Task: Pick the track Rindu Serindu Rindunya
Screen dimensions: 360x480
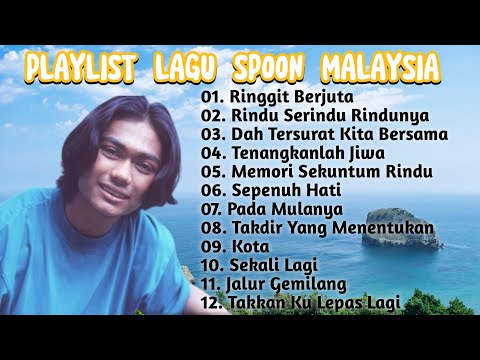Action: pyautogui.click(x=315, y=116)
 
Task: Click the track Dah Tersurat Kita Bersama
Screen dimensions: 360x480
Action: pyautogui.click(x=339, y=133)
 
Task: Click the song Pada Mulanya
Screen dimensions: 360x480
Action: pyautogui.click(x=285, y=209)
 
